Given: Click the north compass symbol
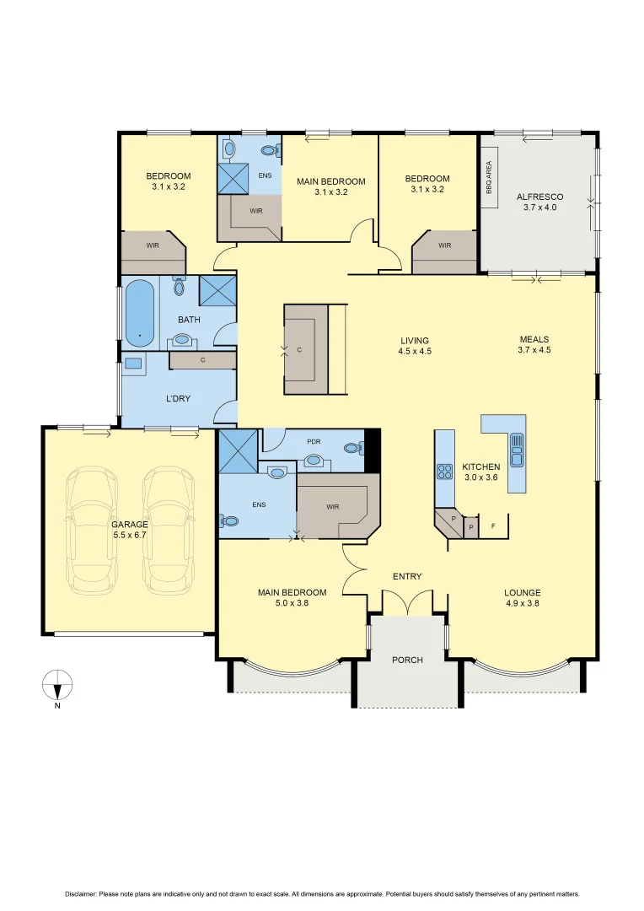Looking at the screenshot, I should pos(57,685).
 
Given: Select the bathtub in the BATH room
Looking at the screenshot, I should pos(139,314).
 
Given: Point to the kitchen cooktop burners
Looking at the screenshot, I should pos(444,471).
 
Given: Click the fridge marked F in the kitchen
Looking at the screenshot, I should pos(493,526).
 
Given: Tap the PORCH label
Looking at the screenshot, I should pos(408,660).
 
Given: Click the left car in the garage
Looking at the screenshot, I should pos(91,530).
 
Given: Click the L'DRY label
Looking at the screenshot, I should pos(176,396).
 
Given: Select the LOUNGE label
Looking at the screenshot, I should pos(523,592).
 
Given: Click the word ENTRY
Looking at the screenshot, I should pos(407,577).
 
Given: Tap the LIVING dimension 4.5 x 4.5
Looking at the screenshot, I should pos(415,351).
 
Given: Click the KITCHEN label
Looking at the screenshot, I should pos(480,466).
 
